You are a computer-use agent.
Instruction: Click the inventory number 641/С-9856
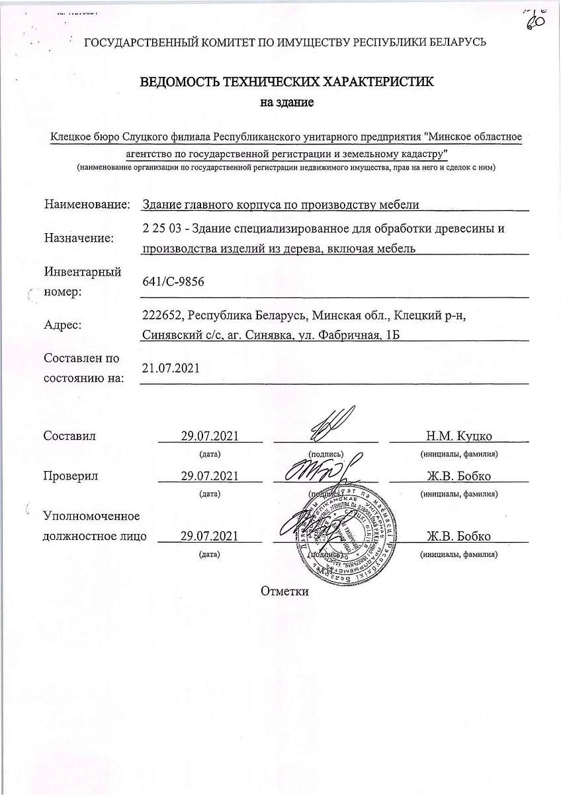[x=173, y=282]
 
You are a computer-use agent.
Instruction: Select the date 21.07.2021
[x=171, y=368]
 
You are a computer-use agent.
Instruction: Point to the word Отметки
[x=285, y=591]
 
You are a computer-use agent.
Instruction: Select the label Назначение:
[x=79, y=238]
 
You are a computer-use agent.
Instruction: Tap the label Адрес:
[x=63, y=325]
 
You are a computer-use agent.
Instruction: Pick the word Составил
[x=69, y=436]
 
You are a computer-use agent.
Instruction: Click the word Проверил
[x=71, y=476]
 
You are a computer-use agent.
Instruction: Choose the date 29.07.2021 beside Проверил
[x=210, y=476]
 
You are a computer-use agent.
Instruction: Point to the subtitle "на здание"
[x=286, y=103]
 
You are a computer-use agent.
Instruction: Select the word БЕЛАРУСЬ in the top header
[x=456, y=42]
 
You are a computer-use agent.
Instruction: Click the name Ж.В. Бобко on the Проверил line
[x=458, y=476]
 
